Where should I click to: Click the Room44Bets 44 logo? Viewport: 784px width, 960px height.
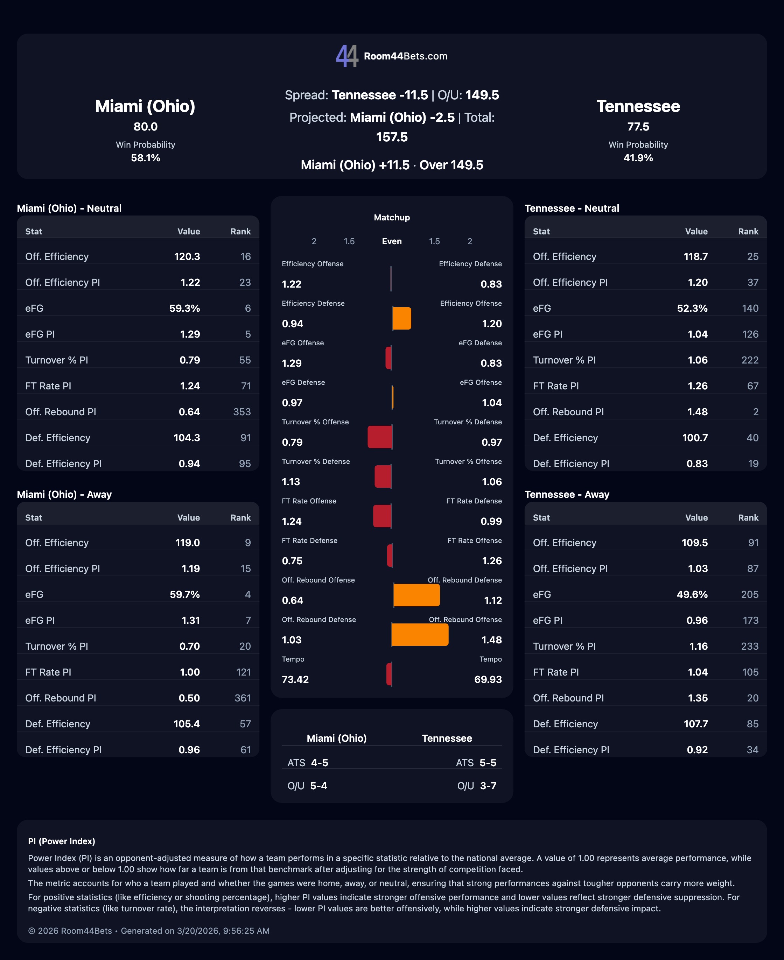tap(347, 56)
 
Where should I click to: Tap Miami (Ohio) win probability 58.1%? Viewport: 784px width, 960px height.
tap(145, 158)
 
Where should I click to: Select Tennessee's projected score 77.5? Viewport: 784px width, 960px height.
tap(638, 127)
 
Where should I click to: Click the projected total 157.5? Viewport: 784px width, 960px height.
tap(392, 137)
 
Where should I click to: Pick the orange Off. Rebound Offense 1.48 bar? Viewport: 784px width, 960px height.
tap(420, 635)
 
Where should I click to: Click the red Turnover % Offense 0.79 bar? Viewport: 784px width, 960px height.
tap(380, 437)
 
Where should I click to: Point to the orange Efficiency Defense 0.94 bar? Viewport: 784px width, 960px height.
tap(401, 318)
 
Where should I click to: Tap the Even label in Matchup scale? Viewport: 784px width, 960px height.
tap(392, 241)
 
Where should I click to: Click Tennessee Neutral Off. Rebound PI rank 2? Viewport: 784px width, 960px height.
tap(756, 412)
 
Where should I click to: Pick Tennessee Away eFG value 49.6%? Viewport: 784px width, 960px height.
tap(692, 594)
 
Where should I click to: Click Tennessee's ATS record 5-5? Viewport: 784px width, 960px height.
tap(488, 763)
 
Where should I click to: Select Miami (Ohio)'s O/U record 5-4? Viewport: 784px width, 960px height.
tap(318, 786)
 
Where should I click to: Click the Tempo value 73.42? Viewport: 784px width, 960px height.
tap(295, 679)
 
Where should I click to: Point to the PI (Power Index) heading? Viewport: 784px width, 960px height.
tap(61, 841)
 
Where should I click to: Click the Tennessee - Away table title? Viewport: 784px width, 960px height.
tap(567, 494)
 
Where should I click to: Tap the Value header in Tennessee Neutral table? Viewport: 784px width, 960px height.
tap(696, 232)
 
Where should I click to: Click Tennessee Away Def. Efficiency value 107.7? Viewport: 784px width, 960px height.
tap(695, 724)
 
